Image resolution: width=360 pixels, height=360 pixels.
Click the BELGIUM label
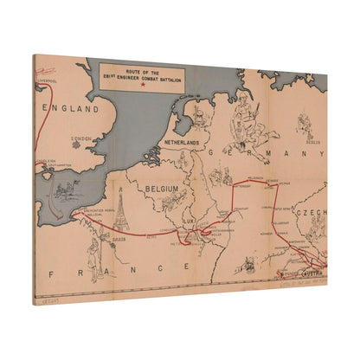[162, 188]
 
